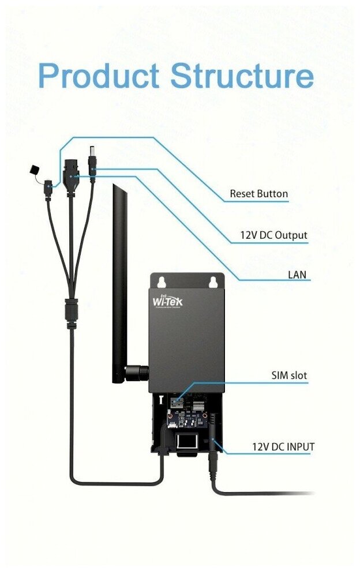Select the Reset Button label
click(x=258, y=194)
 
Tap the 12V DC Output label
click(x=273, y=235)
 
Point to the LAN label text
click(x=297, y=275)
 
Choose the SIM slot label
click(x=289, y=375)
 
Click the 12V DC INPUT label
click(x=283, y=446)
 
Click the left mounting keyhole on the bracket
click(x=161, y=281)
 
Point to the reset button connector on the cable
click(x=49, y=186)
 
